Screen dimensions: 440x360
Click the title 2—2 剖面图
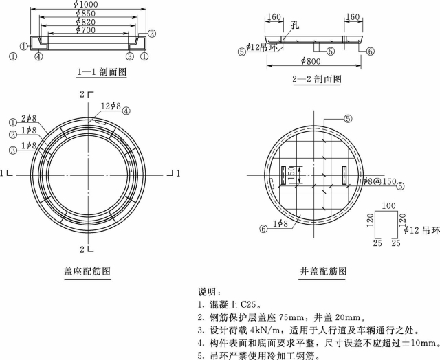click(x=317, y=79)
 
